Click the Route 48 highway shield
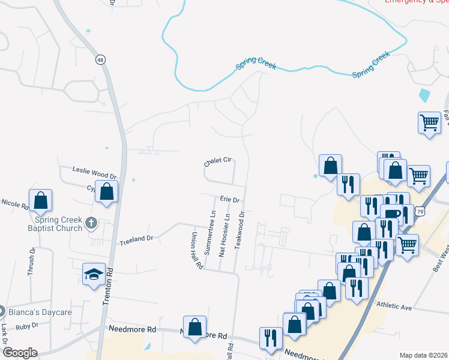pos(100,59)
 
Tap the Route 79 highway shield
pos(421,212)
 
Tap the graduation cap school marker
pos(94,275)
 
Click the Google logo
pos(19,352)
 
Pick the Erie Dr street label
pos(230,199)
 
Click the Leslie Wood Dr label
pos(94,173)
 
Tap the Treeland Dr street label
pos(137,238)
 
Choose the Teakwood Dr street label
pos(242,230)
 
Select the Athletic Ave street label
pos(394,307)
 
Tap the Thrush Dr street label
pos(31,262)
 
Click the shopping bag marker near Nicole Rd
pos(40,201)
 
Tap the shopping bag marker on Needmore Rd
pos(194,328)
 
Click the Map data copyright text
pos(424,355)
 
